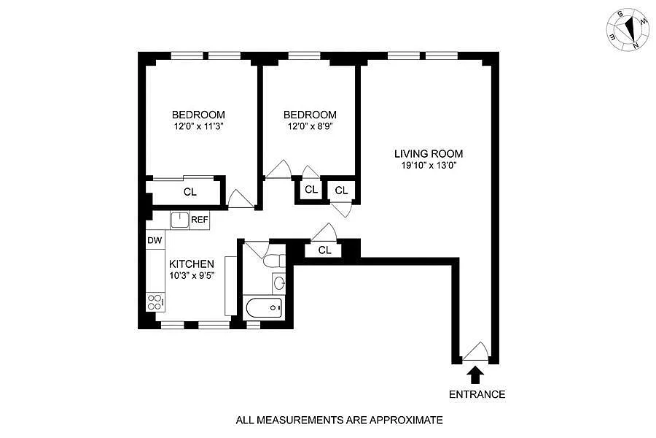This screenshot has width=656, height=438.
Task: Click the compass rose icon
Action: (628, 30)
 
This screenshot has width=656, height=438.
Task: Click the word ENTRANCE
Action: (477, 394)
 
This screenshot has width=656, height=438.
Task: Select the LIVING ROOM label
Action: (429, 154)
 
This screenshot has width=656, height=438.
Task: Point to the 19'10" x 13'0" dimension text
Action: (429, 165)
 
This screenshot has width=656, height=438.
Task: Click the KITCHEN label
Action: (192, 264)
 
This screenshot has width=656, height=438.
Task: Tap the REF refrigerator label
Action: (199, 219)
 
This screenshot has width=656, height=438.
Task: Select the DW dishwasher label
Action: (155, 240)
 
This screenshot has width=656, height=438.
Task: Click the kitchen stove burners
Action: (155, 301)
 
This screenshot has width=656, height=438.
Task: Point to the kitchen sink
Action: (179, 218)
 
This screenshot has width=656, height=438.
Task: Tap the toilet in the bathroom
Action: (273, 261)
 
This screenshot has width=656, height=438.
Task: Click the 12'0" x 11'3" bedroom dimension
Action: (198, 126)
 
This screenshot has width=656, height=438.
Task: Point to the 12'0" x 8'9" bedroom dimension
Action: (310, 126)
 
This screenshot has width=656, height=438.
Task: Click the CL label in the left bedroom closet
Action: (190, 193)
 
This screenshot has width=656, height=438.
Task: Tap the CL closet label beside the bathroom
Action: (325, 250)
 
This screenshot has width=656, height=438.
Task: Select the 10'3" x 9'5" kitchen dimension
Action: (192, 276)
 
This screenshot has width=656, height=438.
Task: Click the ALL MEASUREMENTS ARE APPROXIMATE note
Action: (339, 420)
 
